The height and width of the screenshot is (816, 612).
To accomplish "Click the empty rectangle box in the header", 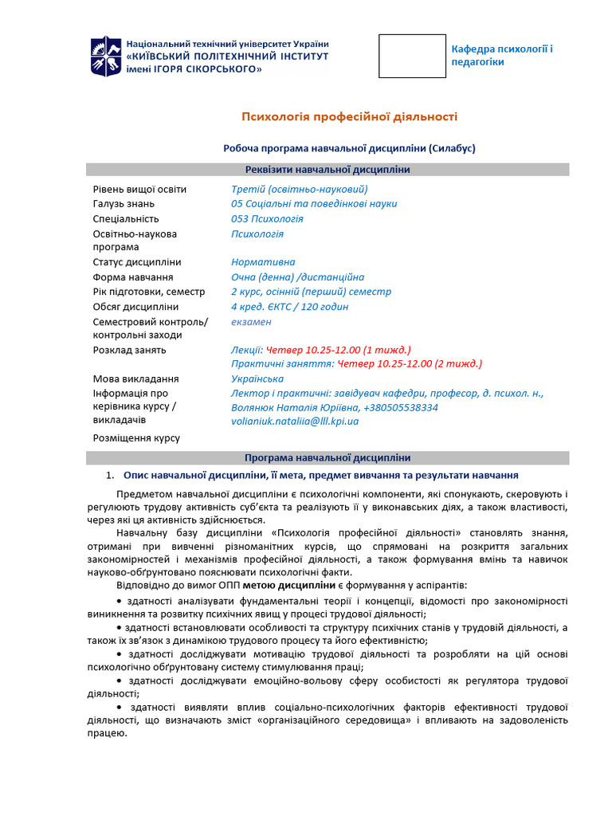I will pos(412,56).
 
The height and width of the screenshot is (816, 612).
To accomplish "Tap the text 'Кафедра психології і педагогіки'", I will pos(501,55).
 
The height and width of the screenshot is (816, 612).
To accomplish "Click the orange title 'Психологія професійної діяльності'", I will pos(350,117).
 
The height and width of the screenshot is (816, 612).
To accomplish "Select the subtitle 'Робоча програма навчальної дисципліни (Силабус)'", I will pos(349,148).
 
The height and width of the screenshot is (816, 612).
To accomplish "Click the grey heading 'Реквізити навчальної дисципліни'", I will pos(328,169).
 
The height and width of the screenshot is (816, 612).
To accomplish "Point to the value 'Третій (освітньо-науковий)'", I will pos(299,190).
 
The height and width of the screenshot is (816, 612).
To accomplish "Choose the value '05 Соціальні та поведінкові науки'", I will pos(314,204).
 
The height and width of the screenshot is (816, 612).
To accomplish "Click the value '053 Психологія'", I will pos(267,218).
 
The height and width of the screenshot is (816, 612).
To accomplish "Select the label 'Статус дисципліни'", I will pos(137,262).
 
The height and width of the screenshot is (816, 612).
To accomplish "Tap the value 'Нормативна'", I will pos(263,262).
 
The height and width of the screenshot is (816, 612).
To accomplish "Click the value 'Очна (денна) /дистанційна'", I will pos(297,277).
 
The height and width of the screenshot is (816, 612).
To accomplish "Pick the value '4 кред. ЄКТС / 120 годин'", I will pos(289,307).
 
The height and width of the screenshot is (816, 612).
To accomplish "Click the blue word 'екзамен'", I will pos(251,322).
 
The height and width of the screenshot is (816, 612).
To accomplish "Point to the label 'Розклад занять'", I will pos(130,350).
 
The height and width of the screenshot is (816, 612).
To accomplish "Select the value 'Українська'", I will pos(257,379).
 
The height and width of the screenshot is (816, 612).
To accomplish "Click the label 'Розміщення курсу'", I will pos(136,437).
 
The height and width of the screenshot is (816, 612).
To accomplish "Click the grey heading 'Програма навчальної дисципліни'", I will pos(328,457).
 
